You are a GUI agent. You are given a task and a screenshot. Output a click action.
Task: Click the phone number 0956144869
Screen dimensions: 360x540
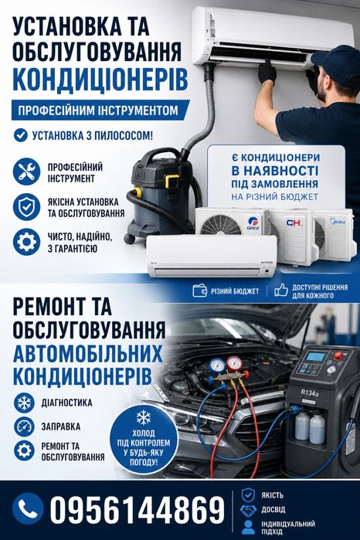pyautogui.click(x=137, y=509)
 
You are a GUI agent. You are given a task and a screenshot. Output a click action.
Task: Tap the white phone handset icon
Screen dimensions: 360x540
pyautogui.click(x=28, y=508)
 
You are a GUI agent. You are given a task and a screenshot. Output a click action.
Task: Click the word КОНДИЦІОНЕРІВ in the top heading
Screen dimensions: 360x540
pyautogui.click(x=100, y=79)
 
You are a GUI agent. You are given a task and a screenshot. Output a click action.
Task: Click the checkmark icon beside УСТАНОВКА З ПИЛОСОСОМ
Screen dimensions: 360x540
pyautogui.click(x=21, y=135)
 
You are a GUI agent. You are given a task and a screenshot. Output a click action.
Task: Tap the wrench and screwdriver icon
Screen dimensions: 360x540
pyautogui.click(x=26, y=172)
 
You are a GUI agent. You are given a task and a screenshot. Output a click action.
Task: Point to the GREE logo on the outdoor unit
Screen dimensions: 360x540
pyautogui.click(x=253, y=225)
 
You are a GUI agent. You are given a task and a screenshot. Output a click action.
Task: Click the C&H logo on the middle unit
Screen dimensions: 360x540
pyautogui.click(x=294, y=222)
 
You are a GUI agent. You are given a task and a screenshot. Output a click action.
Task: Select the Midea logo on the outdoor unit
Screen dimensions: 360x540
pyautogui.click(x=338, y=220)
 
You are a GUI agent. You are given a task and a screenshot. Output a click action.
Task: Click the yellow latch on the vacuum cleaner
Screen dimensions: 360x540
pyautogui.click(x=172, y=181)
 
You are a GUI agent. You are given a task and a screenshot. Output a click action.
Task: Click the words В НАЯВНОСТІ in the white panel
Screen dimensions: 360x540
pyautogui.click(x=275, y=171)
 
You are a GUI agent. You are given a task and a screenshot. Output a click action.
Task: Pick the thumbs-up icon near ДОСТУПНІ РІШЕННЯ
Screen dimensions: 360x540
pyautogui.click(x=281, y=290)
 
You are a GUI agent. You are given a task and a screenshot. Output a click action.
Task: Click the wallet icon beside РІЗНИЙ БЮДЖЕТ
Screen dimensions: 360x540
pyautogui.click(x=200, y=290)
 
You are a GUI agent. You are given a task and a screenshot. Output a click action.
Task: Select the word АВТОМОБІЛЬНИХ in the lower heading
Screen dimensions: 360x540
pyautogui.click(x=88, y=354)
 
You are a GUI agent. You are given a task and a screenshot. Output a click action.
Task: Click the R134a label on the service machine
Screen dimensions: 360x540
pyautogui.click(x=309, y=392)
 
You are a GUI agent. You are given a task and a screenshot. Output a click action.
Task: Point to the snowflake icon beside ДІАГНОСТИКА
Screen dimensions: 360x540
pyautogui.click(x=24, y=403)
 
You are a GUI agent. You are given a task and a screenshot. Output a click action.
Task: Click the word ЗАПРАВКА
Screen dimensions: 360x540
pyautogui.click(x=61, y=426)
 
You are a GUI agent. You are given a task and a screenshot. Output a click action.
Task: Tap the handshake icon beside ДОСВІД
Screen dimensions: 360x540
pyautogui.click(x=249, y=511)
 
